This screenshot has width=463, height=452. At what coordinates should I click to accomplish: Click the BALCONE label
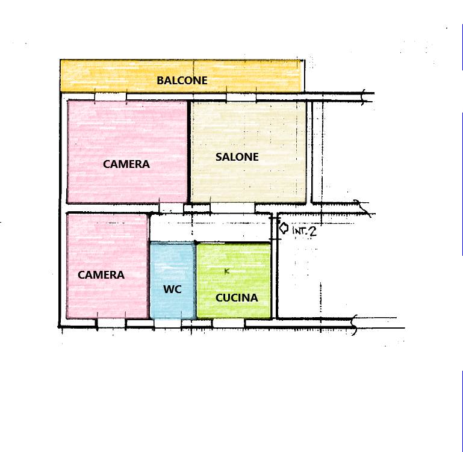click(182, 80)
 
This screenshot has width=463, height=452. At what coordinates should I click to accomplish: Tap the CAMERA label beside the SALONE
click(126, 164)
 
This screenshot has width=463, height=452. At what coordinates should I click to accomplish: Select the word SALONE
click(237, 156)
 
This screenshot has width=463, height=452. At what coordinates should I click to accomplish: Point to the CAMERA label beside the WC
click(101, 275)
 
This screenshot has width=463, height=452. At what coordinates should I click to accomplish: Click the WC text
click(172, 289)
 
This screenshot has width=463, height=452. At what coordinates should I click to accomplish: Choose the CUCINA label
click(237, 297)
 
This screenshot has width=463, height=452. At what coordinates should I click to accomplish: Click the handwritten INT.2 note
click(304, 231)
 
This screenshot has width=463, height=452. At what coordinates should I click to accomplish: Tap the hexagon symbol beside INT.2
click(284, 228)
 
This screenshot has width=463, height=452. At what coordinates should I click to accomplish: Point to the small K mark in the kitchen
click(227, 271)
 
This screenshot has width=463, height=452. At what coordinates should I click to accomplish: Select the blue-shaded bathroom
click(173, 280)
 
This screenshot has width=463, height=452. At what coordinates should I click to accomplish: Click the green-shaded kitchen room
click(234, 280)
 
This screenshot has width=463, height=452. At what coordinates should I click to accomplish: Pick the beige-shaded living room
click(249, 152)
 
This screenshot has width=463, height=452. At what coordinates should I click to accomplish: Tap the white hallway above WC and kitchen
click(210, 228)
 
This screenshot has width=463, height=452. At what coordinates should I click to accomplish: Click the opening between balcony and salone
click(241, 97)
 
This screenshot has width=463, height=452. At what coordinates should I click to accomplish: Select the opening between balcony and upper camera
click(110, 96)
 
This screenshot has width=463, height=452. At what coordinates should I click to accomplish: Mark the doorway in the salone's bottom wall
click(232, 208)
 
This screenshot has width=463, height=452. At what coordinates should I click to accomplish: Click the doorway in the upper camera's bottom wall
click(172, 208)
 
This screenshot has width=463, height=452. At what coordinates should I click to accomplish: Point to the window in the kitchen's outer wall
click(228, 323)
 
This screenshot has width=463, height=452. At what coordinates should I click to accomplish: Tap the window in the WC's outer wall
click(168, 323)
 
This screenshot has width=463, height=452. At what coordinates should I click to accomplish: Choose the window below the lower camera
click(111, 323)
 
